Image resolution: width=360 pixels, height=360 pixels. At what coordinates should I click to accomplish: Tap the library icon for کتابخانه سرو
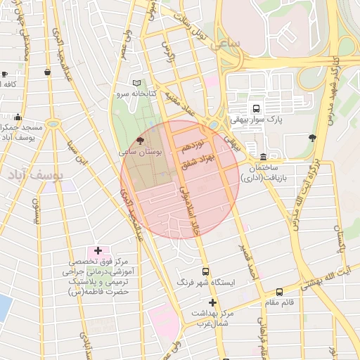(x=136, y=83)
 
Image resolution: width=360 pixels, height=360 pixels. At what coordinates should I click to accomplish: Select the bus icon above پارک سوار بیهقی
(x=255, y=109)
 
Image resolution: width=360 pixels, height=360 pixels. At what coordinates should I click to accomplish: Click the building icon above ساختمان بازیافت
(x=263, y=157)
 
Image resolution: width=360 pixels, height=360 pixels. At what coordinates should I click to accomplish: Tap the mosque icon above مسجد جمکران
(x=18, y=117)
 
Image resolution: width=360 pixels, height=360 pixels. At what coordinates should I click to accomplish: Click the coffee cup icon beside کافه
(x=4, y=74)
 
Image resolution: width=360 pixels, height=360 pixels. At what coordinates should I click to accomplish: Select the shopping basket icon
(x=47, y=72)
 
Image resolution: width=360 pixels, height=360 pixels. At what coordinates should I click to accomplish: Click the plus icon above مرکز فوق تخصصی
(x=97, y=250)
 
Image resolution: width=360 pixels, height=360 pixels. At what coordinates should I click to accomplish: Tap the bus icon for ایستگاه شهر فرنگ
(x=205, y=271)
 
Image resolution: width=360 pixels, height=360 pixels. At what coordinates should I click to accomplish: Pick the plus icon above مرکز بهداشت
(x=212, y=302)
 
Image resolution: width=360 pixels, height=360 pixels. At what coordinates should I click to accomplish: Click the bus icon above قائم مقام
(x=279, y=292)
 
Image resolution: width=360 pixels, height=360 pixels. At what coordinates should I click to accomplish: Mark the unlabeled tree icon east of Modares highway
(x=312, y=139)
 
